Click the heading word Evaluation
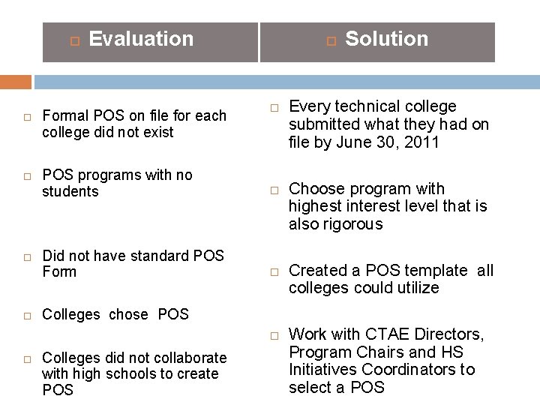click(x=141, y=39)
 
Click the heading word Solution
click(x=386, y=39)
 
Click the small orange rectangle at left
click(x=16, y=82)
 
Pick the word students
click(x=70, y=191)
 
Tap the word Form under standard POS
click(x=59, y=271)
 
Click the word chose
click(x=128, y=314)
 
